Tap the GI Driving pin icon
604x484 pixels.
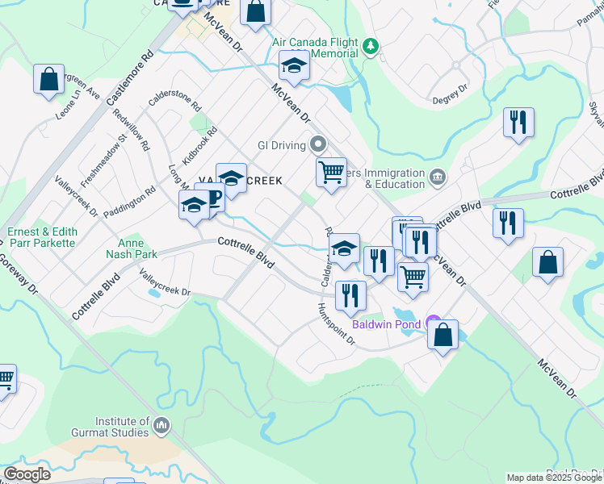318,145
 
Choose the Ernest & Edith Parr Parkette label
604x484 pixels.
42,236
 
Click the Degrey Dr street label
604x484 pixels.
451,90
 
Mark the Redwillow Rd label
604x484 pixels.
132,131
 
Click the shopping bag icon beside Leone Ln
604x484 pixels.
48,79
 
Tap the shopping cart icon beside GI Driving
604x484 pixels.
331,172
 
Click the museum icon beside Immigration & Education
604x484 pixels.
437,177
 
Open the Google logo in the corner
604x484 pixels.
27,474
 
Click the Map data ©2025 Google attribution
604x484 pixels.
554,478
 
